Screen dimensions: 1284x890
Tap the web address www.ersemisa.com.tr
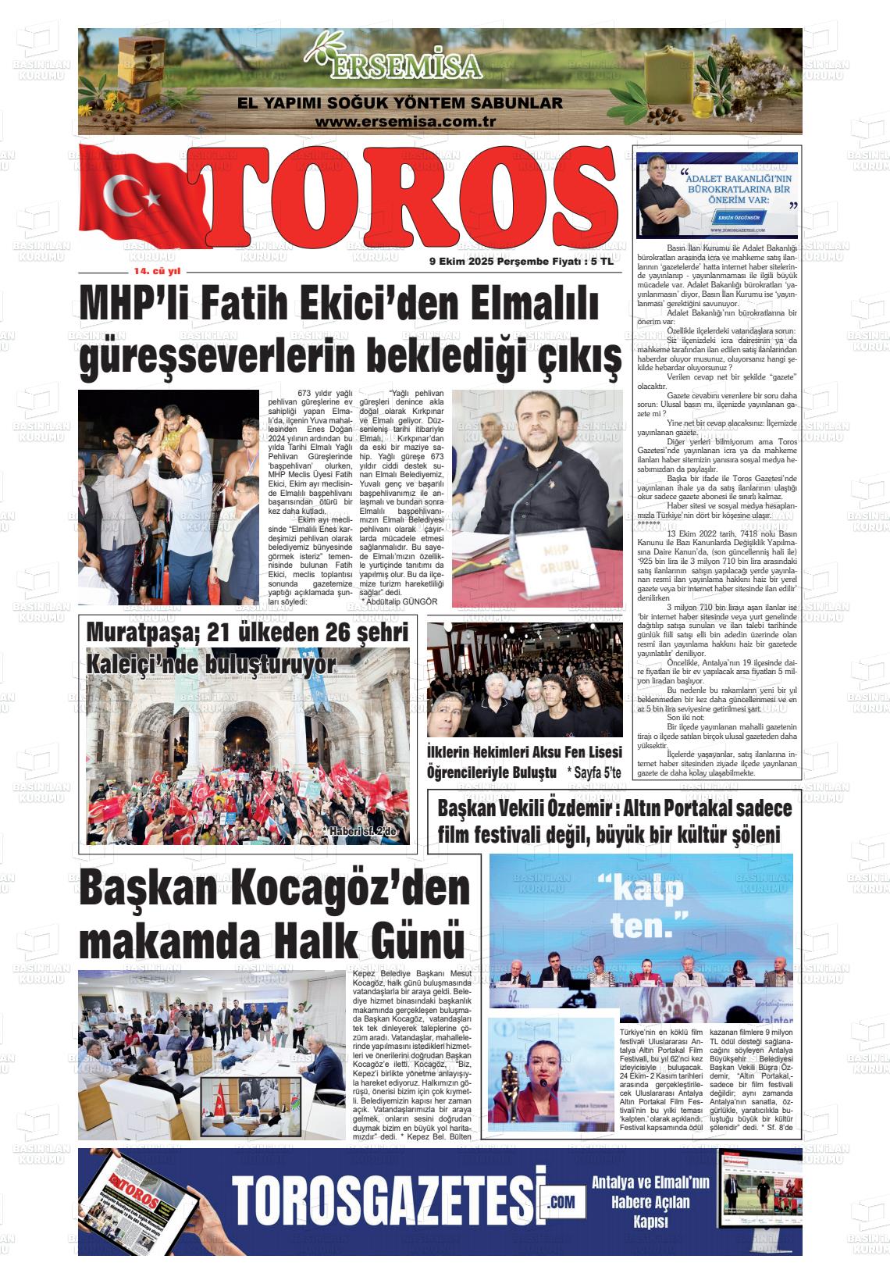[406, 122]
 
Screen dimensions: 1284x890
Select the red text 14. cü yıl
[157, 272]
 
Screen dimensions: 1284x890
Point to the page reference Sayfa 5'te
[593, 772]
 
